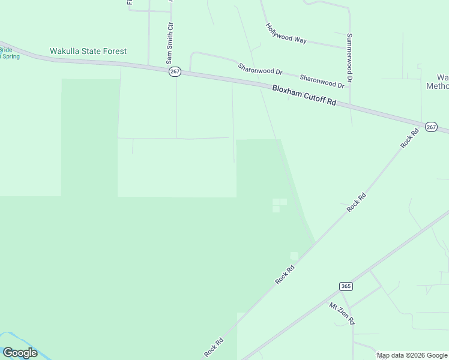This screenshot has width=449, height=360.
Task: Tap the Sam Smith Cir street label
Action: (x=170, y=44)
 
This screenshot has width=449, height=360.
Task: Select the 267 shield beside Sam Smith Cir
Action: (x=175, y=71)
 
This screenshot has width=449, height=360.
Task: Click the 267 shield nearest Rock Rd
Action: (x=431, y=127)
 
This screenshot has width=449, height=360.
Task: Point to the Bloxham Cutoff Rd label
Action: (x=304, y=95)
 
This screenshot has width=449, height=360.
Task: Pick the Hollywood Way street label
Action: (x=286, y=34)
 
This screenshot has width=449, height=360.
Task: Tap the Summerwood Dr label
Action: (x=349, y=58)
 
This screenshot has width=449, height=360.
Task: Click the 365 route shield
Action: (x=345, y=286)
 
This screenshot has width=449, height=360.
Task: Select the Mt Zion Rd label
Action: (x=342, y=313)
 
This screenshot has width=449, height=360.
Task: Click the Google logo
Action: (x=19, y=353)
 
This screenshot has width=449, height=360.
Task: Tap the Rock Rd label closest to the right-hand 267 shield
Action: (x=409, y=139)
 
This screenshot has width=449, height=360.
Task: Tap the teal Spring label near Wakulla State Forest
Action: (x=11, y=56)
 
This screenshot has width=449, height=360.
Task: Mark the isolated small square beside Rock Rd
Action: (x=294, y=256)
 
